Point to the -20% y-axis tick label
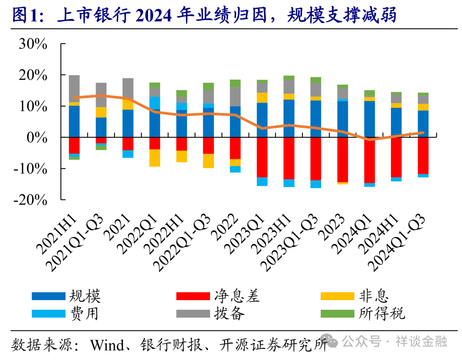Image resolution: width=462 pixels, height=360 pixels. tap(29, 200)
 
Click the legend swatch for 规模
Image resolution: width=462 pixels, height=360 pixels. tap(48, 296)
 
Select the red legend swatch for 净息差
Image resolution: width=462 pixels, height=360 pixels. tap(193, 296)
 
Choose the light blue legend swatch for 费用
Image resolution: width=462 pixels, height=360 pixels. tap(48, 313)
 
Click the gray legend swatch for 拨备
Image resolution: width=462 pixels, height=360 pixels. tap(193, 313)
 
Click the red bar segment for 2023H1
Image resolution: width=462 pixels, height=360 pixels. tap(289, 158)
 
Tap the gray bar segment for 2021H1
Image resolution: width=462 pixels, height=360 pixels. tap(74, 88)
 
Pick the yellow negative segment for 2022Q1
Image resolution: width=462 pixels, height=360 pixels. tap(154, 158)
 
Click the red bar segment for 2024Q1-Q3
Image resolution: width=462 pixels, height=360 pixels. tap(423, 155)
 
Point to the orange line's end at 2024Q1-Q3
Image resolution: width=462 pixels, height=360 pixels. tap(423, 133)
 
